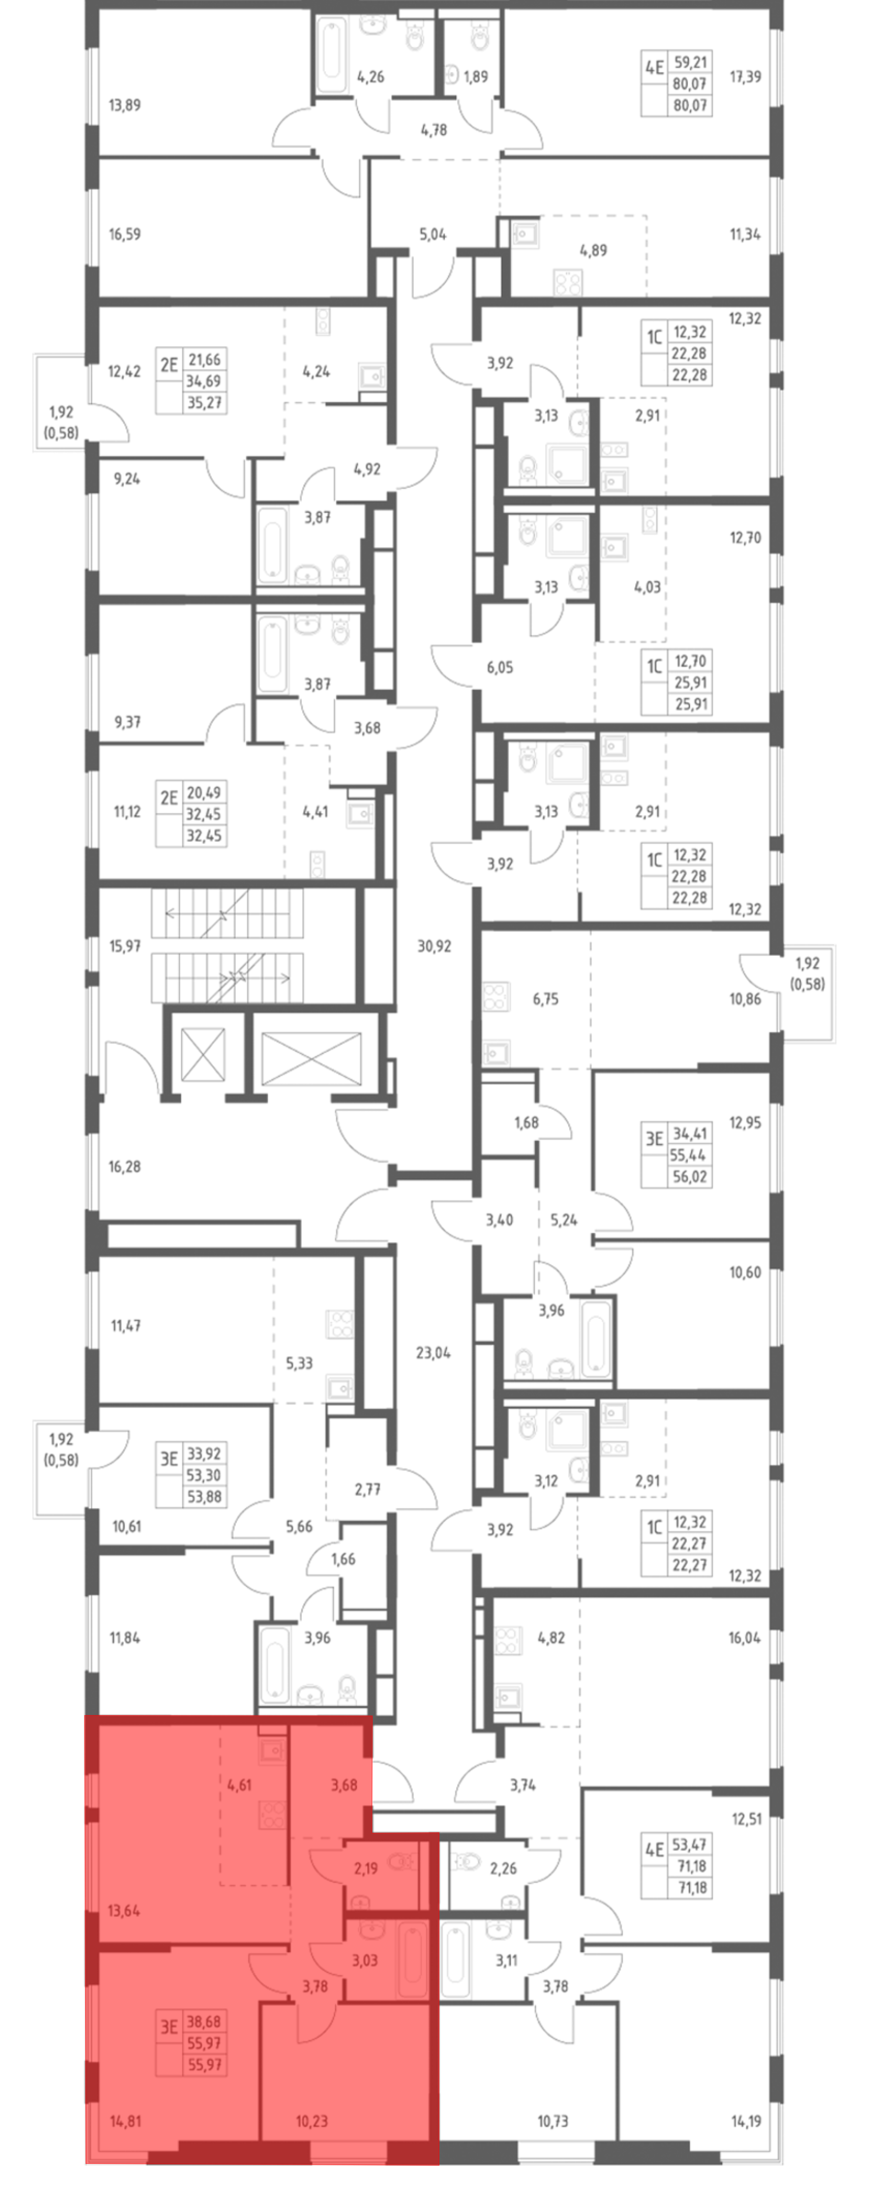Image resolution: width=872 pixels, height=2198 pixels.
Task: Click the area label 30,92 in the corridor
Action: [434, 946]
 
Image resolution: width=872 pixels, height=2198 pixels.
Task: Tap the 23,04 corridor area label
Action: [433, 1352]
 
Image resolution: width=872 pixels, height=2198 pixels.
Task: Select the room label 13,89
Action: [125, 105]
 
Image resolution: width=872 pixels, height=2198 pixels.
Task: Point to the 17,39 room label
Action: [745, 77]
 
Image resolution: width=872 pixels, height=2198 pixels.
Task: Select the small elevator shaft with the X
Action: [203, 1055]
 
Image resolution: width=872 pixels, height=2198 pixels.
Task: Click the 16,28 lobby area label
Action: [125, 1167]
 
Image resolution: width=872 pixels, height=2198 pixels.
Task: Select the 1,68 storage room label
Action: [526, 1123]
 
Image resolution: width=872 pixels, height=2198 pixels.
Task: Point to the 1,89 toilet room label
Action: [475, 77]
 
